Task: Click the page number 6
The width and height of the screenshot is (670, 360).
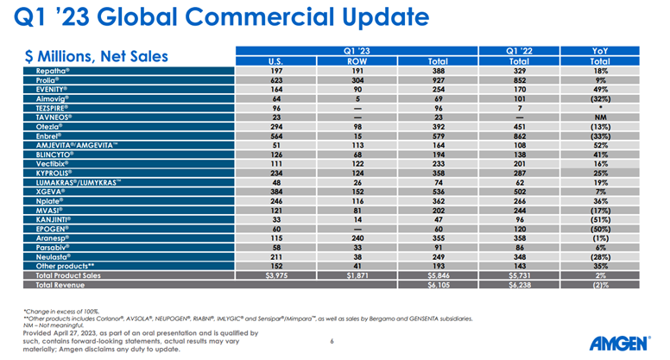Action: click(332, 341)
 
